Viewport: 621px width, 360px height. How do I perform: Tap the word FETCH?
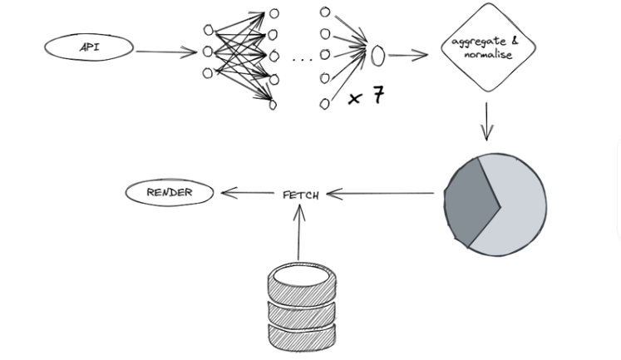(x=301, y=195)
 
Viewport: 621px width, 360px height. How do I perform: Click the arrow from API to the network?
(x=166, y=52)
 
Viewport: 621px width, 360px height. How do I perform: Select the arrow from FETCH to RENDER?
(x=248, y=193)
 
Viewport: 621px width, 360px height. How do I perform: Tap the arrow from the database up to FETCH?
(x=299, y=232)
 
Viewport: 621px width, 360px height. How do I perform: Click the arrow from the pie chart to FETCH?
(x=380, y=194)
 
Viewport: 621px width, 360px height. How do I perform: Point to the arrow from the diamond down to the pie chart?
(x=486, y=121)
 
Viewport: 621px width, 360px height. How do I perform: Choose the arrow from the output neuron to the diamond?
(x=408, y=55)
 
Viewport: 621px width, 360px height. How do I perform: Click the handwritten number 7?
(x=378, y=96)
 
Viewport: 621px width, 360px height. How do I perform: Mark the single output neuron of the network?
(x=377, y=56)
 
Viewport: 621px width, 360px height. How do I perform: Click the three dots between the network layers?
(x=302, y=60)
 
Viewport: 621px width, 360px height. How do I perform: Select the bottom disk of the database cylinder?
(x=302, y=338)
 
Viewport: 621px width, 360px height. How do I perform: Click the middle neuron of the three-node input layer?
(x=208, y=52)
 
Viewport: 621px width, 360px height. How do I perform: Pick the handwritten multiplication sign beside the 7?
(x=355, y=99)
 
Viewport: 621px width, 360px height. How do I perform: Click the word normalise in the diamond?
(x=488, y=54)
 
